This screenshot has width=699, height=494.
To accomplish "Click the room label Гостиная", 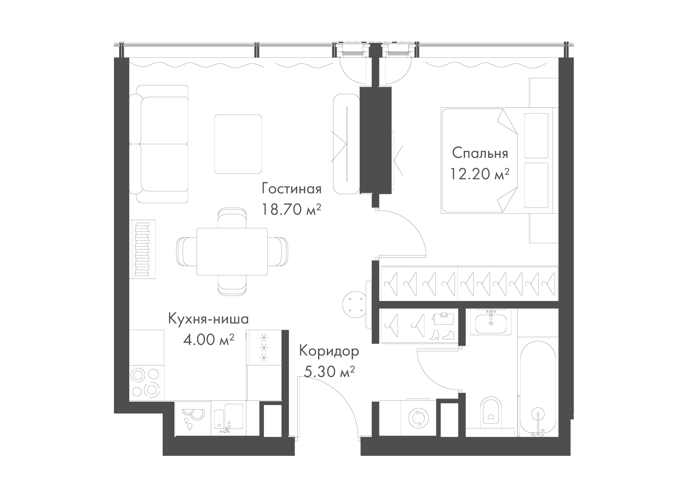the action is tap(291, 189).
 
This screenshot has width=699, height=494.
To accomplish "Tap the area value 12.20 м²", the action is tap(479, 174).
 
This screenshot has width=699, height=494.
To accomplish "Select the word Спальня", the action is tap(480, 153).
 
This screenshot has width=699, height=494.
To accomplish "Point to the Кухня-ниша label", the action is tap(208, 319).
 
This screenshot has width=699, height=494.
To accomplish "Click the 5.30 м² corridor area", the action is tap(329, 372).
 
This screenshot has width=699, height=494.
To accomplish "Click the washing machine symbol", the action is tap(419, 418).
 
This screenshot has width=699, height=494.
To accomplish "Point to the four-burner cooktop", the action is tap(146, 383).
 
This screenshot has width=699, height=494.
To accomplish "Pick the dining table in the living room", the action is tap(232, 252).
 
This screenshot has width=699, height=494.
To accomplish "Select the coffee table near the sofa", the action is tap(238, 144).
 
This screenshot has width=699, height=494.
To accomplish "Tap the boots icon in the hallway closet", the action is tap(442, 335).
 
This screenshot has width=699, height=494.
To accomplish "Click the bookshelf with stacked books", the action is tap(142, 249).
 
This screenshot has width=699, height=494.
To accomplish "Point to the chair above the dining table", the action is tap(232, 218).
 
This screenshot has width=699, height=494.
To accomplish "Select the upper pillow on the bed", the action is tap(536, 135).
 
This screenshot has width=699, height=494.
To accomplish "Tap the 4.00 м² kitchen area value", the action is tap(208, 340).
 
